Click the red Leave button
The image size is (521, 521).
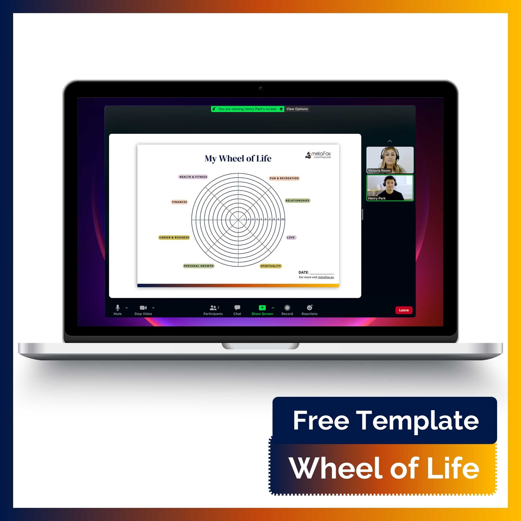click(x=403, y=310)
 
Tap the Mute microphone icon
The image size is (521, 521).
click(x=118, y=308)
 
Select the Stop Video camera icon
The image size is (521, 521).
click(x=143, y=308)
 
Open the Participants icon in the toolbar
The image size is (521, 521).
click(x=213, y=308)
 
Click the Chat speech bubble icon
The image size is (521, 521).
click(x=237, y=308)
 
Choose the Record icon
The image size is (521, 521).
click(x=287, y=308)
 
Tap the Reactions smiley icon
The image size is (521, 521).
click(x=310, y=308)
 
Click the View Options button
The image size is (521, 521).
click(x=297, y=109)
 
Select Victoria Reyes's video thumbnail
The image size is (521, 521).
click(x=390, y=160)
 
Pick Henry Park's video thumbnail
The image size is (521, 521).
click(x=390, y=188)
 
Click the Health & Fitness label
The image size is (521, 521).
click(x=193, y=177)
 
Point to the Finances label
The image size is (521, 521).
click(x=179, y=202)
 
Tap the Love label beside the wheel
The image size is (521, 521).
click(x=291, y=238)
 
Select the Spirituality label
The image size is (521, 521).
click(x=270, y=266)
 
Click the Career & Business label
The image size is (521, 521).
click(x=174, y=238)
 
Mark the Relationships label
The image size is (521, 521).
click(x=298, y=201)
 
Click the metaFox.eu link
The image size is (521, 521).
click(x=326, y=277)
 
